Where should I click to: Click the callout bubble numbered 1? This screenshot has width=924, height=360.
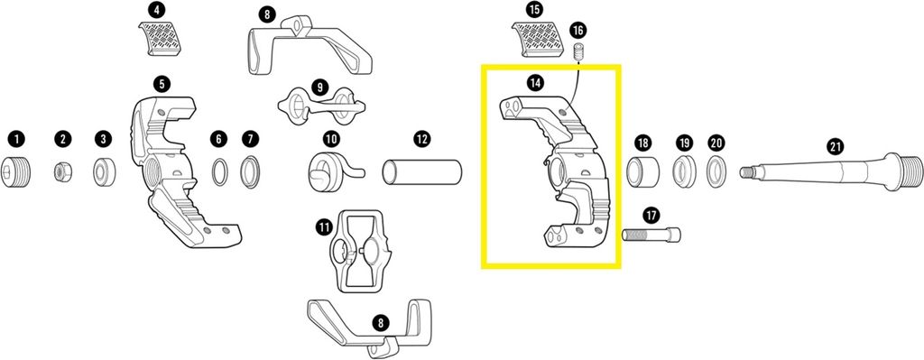click(17, 139)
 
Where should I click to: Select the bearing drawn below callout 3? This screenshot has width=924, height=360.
click(105, 171)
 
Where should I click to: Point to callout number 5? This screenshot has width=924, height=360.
click(162, 84)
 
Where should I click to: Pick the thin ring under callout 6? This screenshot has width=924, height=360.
click(219, 172)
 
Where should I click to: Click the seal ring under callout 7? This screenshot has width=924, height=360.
click(250, 171)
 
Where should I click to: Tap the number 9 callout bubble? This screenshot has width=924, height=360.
click(319, 88)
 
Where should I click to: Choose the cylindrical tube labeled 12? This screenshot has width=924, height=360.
click(422, 172)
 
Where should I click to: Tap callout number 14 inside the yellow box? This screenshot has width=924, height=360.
click(534, 84)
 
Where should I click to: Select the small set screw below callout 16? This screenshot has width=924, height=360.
click(578, 51)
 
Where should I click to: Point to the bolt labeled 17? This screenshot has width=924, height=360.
click(651, 235)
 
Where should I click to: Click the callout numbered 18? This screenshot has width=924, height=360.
click(642, 143)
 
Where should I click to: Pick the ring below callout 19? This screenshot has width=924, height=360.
click(684, 171)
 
